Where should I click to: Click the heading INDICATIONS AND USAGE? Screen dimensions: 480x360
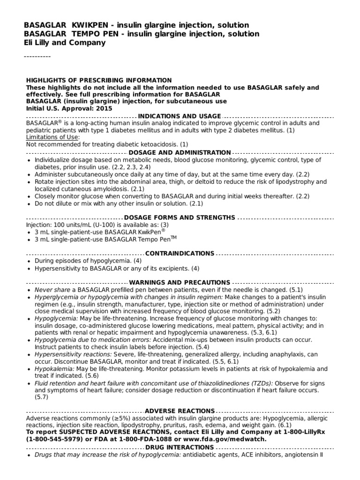tap(180, 116)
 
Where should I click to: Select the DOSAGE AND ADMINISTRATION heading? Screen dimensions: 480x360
tap(180, 153)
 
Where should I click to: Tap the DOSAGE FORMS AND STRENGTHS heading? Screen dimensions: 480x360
tap(180, 217)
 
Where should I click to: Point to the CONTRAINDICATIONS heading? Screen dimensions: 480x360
tap(180, 254)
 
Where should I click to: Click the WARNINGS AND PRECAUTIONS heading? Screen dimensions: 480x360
tap(180, 283)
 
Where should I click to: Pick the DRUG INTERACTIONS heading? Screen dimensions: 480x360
tap(180, 448)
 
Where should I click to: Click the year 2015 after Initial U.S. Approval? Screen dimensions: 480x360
tap(104, 108)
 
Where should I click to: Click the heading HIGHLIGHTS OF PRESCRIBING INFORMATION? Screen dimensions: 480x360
tap(99, 81)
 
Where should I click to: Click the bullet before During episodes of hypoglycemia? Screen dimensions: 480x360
tap(29, 262)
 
